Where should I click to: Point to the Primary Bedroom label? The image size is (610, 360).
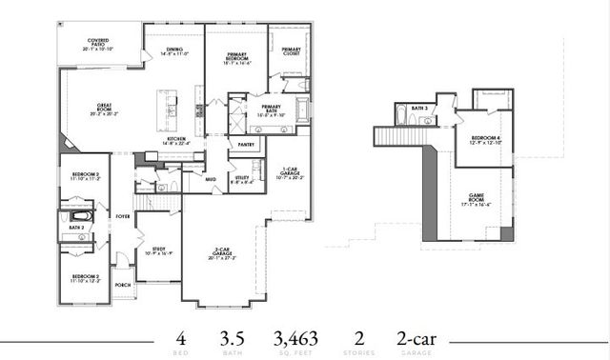[238, 58]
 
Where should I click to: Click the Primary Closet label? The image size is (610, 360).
[291, 51]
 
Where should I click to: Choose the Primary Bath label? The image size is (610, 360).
[271, 109]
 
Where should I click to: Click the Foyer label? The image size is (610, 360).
[124, 216]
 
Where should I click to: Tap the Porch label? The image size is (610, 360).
[122, 284]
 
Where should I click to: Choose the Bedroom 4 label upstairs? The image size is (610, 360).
[484, 139]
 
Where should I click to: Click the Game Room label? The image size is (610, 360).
[476, 200]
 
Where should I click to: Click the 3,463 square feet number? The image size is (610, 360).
[295, 338]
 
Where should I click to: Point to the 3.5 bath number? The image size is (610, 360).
[227, 338]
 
